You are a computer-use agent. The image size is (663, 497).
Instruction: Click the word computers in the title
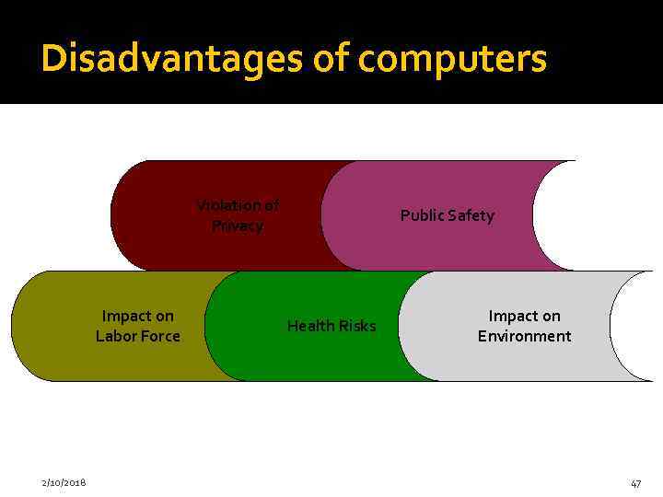[453, 58]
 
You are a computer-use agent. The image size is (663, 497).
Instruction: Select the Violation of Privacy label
[238, 215]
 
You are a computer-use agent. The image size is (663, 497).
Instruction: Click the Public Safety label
[447, 215]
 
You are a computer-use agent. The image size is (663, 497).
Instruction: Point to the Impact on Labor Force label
[138, 326]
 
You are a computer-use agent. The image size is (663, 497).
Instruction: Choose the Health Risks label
[331, 326]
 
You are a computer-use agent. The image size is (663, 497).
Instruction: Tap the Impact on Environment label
[524, 326]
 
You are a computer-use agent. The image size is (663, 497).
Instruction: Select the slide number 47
[635, 483]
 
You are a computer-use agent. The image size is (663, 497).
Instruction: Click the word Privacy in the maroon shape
[238, 225]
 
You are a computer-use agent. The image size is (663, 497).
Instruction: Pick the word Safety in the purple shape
[471, 215]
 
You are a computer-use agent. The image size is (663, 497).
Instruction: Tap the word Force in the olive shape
[160, 336]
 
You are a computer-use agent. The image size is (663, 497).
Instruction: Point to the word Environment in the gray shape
[524, 336]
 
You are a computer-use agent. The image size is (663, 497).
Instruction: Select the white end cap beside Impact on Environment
[637, 326]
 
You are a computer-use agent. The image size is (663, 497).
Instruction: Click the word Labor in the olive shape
[116, 336]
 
